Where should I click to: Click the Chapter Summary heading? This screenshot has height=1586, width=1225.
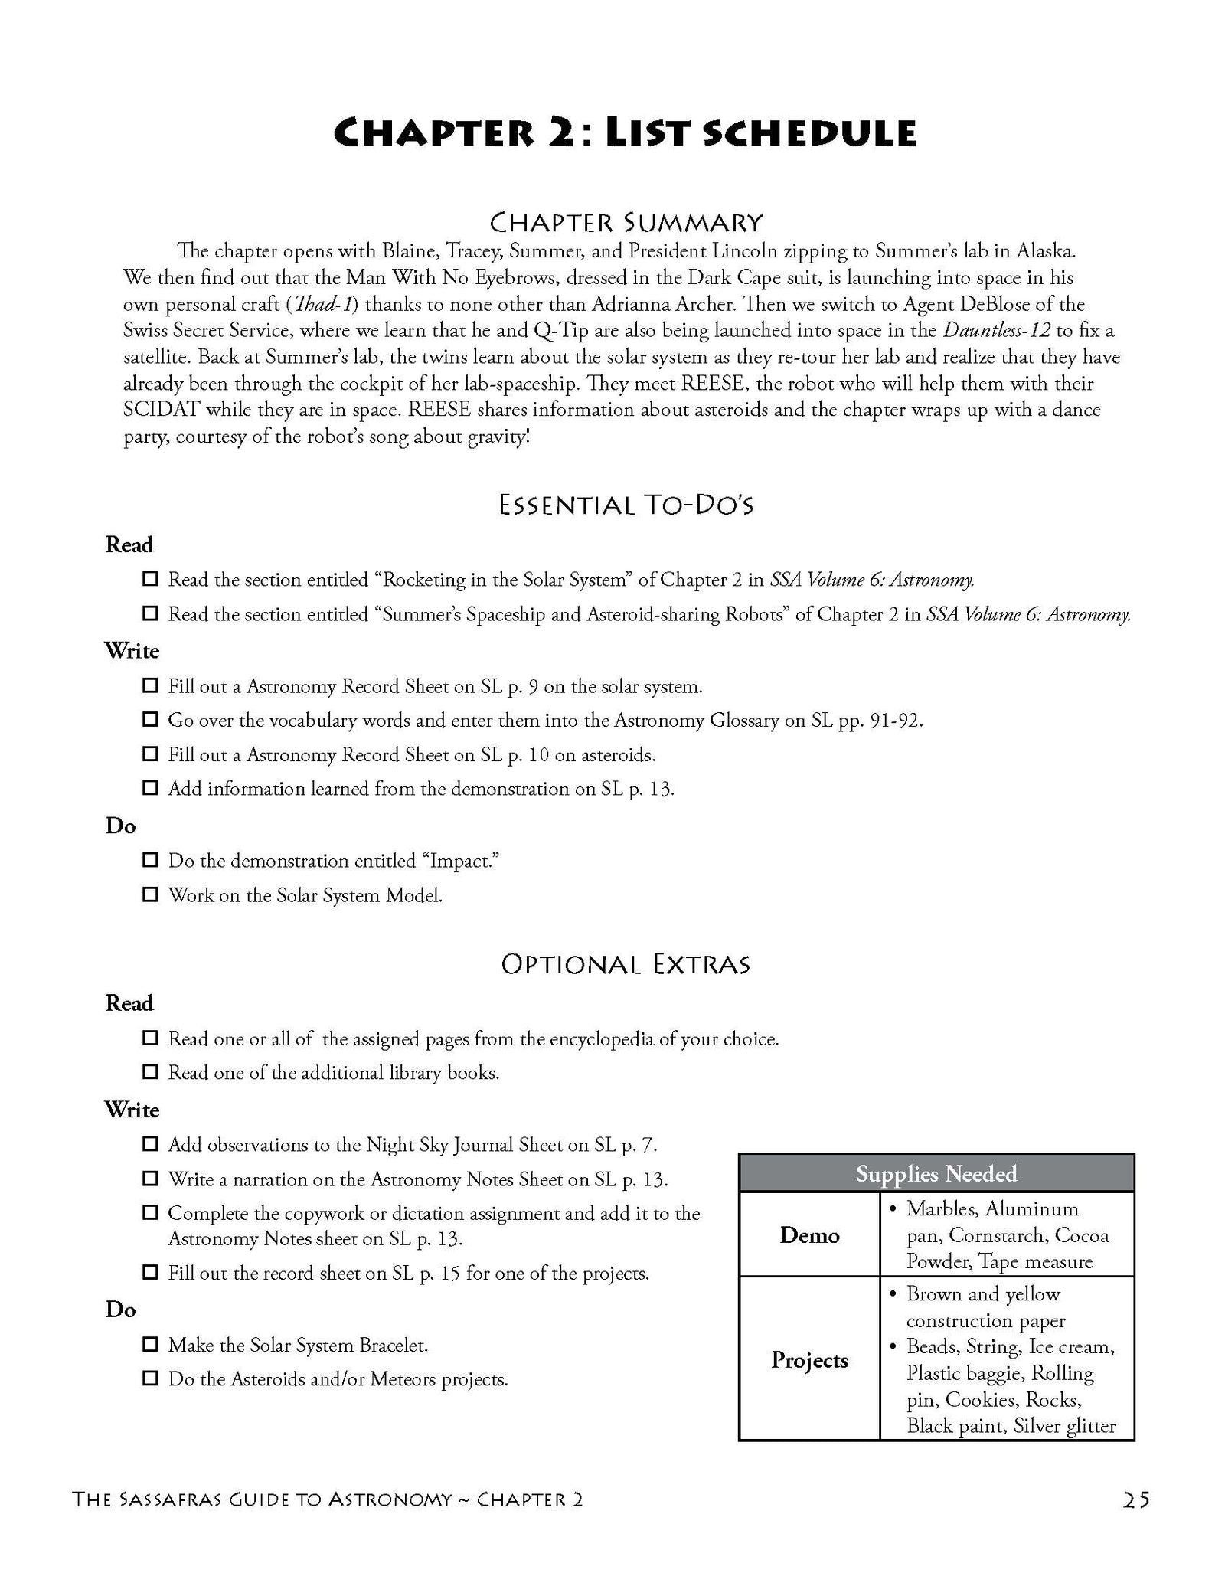[x=626, y=223]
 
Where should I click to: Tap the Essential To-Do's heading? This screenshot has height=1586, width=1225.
[x=626, y=505]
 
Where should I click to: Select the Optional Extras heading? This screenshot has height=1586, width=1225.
[x=626, y=964]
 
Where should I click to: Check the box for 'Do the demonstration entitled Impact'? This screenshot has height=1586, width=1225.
[x=150, y=860]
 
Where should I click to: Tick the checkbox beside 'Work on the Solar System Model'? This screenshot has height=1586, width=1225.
[x=150, y=894]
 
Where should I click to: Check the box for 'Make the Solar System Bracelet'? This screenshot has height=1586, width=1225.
[x=150, y=1344]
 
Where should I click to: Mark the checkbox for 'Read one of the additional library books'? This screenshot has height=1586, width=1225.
[x=150, y=1072]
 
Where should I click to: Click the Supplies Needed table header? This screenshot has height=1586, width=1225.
[x=936, y=1173]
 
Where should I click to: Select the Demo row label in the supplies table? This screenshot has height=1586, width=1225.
[x=809, y=1234]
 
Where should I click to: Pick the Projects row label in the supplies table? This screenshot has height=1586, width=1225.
[x=809, y=1359]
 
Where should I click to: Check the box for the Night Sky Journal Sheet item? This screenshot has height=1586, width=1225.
[x=150, y=1144]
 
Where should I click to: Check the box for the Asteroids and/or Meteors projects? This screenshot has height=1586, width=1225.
[x=150, y=1378]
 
